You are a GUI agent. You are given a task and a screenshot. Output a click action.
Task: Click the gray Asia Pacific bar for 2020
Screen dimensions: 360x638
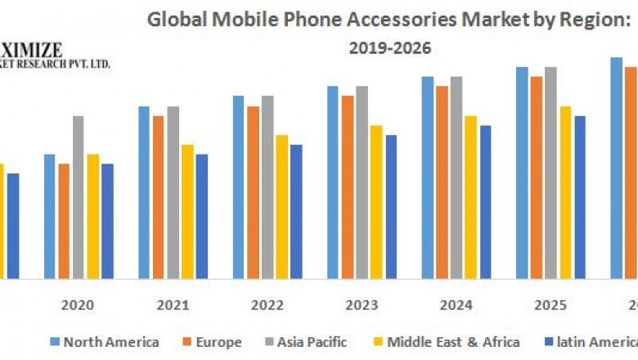click(79, 196)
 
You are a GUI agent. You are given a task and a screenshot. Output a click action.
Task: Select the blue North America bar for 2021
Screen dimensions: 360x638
click(144, 191)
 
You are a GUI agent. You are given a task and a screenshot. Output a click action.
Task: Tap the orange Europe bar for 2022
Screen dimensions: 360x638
click(253, 191)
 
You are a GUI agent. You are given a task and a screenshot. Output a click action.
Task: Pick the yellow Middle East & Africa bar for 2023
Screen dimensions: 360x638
click(376, 201)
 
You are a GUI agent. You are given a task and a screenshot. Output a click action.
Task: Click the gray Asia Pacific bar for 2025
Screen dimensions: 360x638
click(550, 172)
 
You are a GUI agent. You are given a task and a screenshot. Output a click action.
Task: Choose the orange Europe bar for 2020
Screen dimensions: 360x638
click(64, 220)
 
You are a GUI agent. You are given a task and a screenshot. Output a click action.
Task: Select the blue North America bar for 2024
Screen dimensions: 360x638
click(427, 177)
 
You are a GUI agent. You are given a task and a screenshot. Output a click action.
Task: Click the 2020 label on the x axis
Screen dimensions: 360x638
click(78, 305)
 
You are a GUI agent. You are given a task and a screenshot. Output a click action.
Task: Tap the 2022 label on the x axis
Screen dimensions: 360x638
click(267, 305)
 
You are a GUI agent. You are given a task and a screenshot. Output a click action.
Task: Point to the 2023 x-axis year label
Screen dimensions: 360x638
click(361, 305)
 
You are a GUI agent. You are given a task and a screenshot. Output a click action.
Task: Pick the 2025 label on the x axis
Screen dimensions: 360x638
click(550, 305)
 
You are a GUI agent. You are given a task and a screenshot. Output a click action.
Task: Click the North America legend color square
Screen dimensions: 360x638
click(54, 341)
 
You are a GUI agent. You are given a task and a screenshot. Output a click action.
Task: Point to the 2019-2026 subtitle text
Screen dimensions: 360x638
click(389, 48)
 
